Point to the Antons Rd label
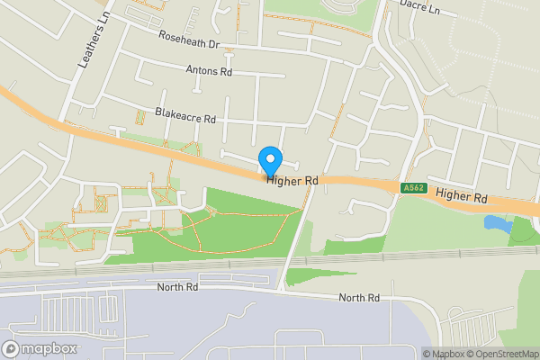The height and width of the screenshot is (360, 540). click(209, 70)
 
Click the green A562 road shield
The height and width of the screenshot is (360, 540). click(413, 187)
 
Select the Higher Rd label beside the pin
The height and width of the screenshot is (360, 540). click(292, 181)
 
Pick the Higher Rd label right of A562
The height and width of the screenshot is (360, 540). click(461, 195)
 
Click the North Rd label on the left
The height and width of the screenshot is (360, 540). click(177, 288)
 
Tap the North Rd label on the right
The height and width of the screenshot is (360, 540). click(359, 298)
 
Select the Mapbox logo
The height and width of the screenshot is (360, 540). click(40, 348)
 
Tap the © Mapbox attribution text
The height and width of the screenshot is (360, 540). click(441, 353)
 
